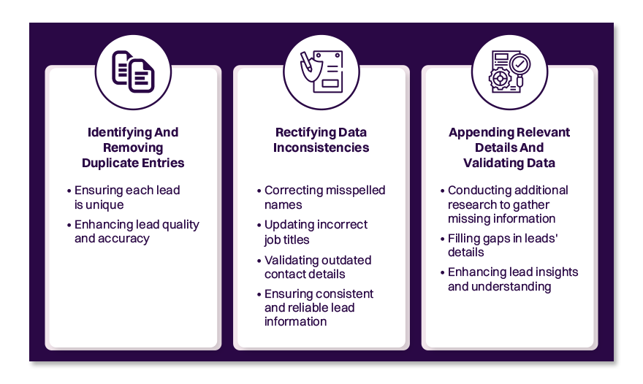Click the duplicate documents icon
pos(133,72)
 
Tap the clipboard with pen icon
pos(321,72)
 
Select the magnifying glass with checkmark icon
pos(509,72)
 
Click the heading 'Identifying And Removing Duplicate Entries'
pos(133,147)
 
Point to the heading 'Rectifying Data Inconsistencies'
pos(321,140)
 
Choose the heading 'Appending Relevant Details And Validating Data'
pos(509,147)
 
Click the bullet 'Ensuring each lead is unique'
pos(127,197)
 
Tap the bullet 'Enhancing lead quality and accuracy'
pos(136,231)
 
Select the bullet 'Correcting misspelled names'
pos(324,197)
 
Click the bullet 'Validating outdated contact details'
pos(318,266)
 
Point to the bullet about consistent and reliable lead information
pos(319,307)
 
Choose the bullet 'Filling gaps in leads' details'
pos(503,245)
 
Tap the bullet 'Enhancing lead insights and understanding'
pos(512,279)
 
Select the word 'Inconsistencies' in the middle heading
pos(321,147)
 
